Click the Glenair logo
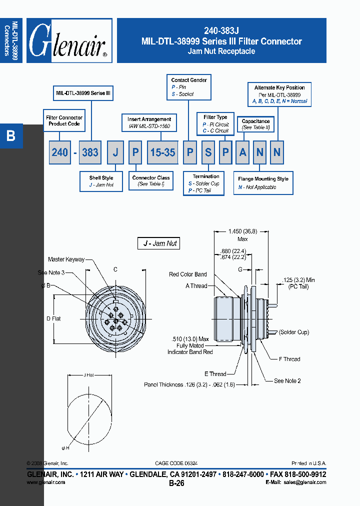[x=69, y=41]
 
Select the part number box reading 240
[x=60, y=152]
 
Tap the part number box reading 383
[x=90, y=152]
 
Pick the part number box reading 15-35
[x=162, y=152]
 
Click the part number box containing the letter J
[x=115, y=152]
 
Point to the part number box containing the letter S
[x=208, y=152]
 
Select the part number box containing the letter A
[x=242, y=152]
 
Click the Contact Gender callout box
[x=189, y=87]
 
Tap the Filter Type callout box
[x=215, y=124]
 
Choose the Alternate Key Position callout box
[x=279, y=94]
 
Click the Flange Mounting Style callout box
[x=263, y=183]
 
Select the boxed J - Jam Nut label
[x=158, y=243]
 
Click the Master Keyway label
[x=66, y=259]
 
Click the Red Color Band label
[x=187, y=274]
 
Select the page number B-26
[x=176, y=483]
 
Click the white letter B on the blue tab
[x=11, y=135]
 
